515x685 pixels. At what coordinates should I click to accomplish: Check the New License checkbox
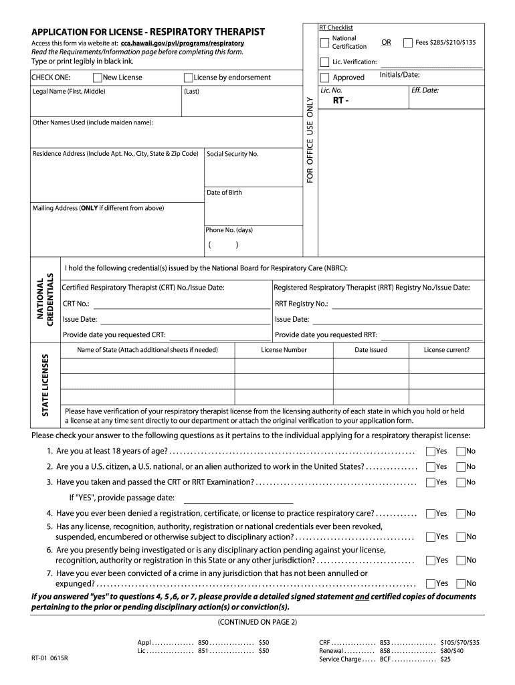(x=98, y=78)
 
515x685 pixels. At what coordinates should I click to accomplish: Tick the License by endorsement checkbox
(x=188, y=78)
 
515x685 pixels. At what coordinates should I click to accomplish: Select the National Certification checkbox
(x=325, y=43)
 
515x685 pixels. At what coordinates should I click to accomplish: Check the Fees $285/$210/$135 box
(x=407, y=43)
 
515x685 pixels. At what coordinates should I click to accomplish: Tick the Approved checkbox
(x=325, y=78)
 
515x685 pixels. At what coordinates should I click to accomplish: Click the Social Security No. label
(x=233, y=154)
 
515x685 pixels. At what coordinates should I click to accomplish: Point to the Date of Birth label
(x=224, y=193)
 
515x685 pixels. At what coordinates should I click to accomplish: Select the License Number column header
(x=284, y=350)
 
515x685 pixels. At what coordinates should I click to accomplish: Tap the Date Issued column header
(x=371, y=350)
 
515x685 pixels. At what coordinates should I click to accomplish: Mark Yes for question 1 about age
(x=430, y=452)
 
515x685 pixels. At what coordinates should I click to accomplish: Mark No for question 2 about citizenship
(x=460, y=467)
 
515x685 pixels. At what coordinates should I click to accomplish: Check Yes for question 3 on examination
(x=430, y=482)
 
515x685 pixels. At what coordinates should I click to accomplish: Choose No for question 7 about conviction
(x=460, y=583)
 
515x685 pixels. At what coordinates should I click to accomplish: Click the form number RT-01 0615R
(x=49, y=658)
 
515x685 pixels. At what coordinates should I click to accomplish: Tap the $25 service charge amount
(x=445, y=659)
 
